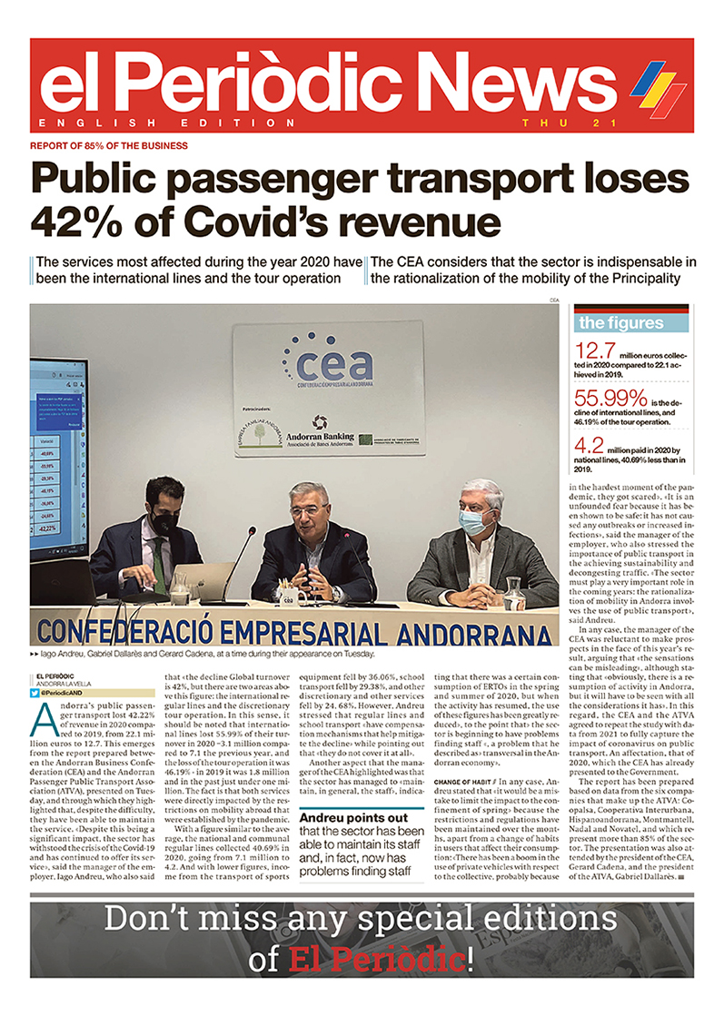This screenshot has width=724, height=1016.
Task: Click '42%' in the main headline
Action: [68, 220]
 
